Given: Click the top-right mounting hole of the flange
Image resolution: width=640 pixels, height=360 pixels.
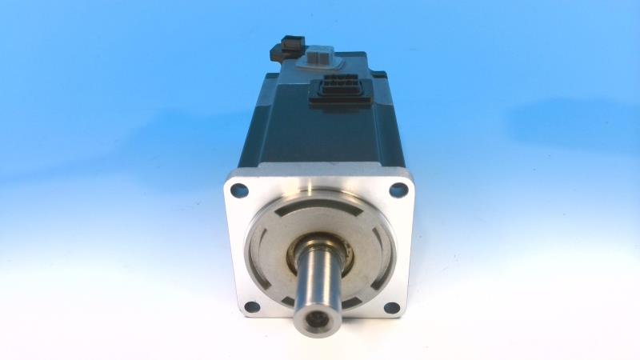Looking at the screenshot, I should pos(398,190).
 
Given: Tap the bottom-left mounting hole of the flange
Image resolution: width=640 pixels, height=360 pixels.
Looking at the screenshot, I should pos(251,306).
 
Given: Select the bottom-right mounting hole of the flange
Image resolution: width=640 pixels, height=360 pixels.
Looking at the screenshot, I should pos(391,307).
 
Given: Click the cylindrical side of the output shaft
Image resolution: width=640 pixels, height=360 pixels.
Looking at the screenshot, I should pos(319,280).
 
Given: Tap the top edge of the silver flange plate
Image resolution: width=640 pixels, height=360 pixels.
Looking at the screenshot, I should pos(320,170).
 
